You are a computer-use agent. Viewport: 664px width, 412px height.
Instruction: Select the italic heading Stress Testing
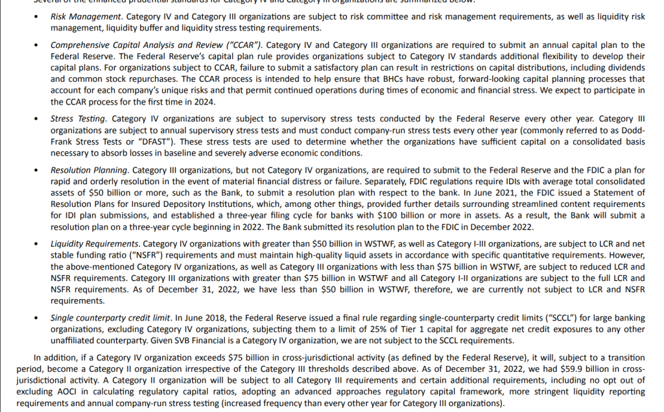point(78,119)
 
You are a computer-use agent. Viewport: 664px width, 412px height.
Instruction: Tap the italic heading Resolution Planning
point(89,170)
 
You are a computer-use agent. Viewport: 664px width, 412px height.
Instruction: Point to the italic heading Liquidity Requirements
point(94,244)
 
